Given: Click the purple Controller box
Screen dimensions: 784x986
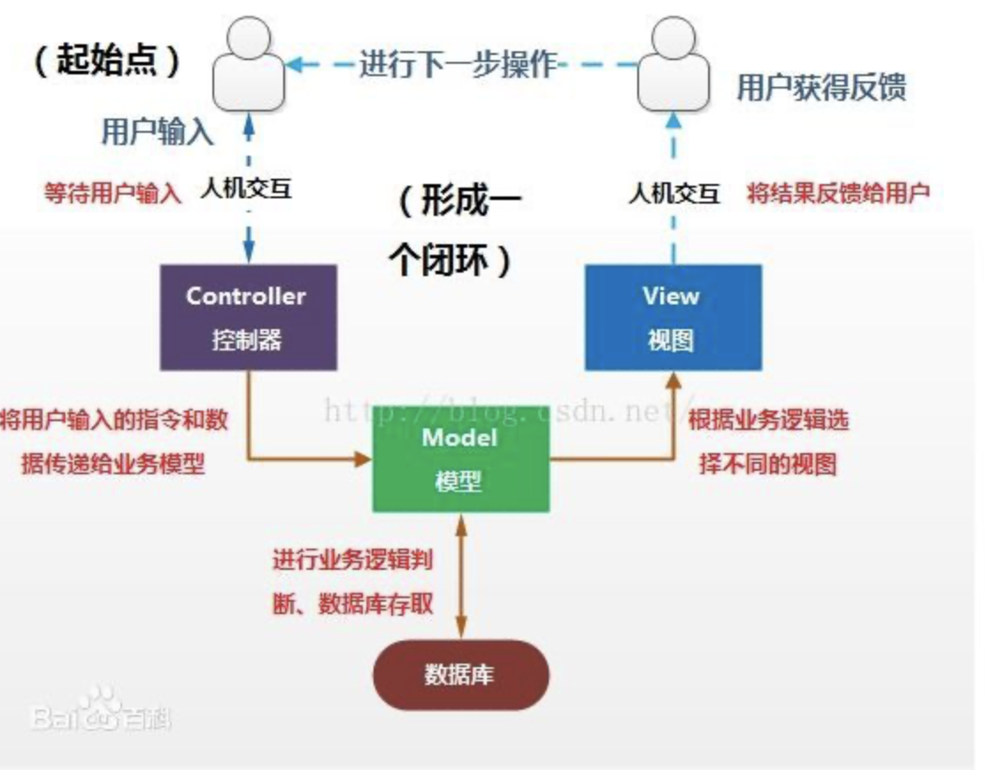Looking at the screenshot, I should click(248, 317).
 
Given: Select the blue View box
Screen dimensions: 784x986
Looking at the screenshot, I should click(673, 317).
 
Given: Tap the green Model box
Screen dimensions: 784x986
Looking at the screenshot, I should click(460, 458).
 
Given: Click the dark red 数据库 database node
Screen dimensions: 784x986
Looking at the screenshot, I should click(460, 675).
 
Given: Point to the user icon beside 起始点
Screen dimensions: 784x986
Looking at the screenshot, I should click(250, 64).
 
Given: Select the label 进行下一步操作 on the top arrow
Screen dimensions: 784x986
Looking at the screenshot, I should click(458, 65).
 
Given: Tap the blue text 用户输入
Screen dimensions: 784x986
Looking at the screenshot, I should click(158, 132).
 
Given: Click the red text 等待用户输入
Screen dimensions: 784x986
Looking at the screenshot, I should click(112, 193).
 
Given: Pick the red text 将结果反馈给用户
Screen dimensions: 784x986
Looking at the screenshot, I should click(838, 193).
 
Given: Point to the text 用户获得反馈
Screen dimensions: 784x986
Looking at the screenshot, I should click(821, 88).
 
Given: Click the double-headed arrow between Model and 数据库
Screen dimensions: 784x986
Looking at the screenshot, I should click(460, 575).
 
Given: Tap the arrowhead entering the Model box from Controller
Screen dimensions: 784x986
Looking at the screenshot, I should click(363, 458).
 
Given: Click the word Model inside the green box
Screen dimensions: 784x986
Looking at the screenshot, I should click(459, 438).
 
